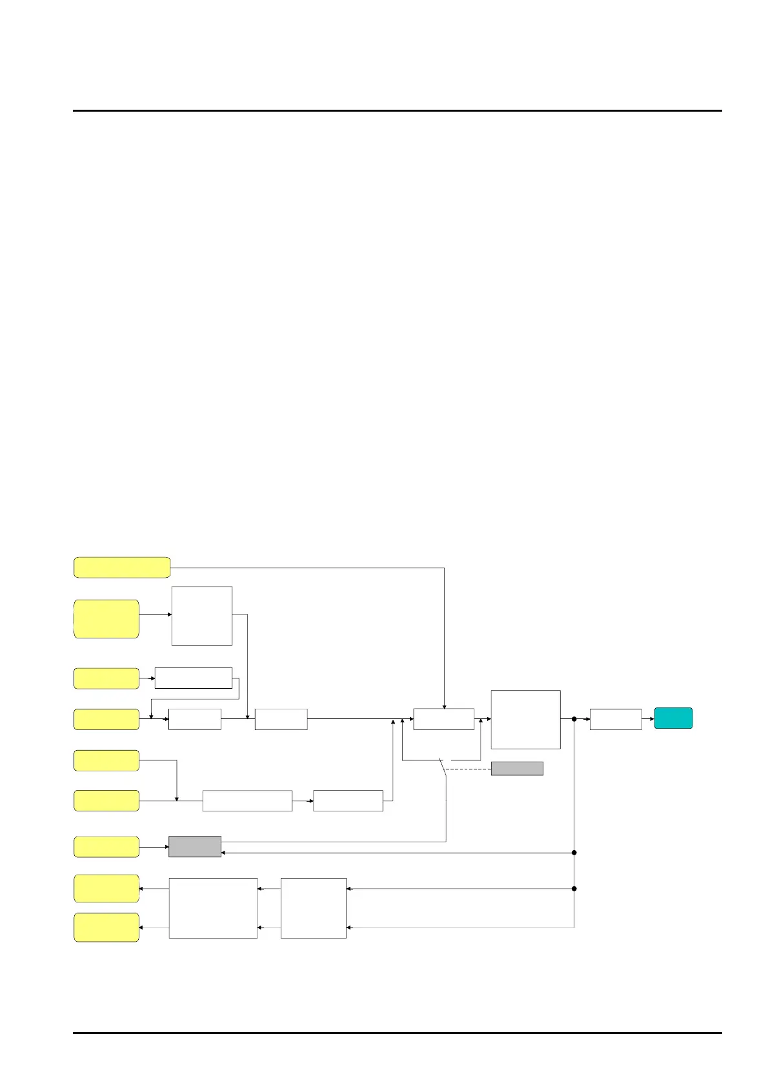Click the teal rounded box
click(673, 718)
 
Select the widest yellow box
click(122, 567)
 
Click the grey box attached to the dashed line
click(516, 768)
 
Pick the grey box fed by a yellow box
click(194, 846)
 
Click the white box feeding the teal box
click(615, 719)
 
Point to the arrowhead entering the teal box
click(652, 718)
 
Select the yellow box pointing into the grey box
click(106, 846)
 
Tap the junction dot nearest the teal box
click(574, 718)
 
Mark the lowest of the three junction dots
click(574, 889)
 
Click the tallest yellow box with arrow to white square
click(106, 619)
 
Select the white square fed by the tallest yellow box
click(201, 615)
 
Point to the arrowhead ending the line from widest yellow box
click(444, 707)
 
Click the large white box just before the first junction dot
click(525, 719)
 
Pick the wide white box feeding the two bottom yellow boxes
click(213, 908)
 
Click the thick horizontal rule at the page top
click(397, 110)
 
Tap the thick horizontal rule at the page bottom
click(397, 1033)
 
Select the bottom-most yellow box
click(106, 927)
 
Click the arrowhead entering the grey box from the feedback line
click(224, 853)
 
